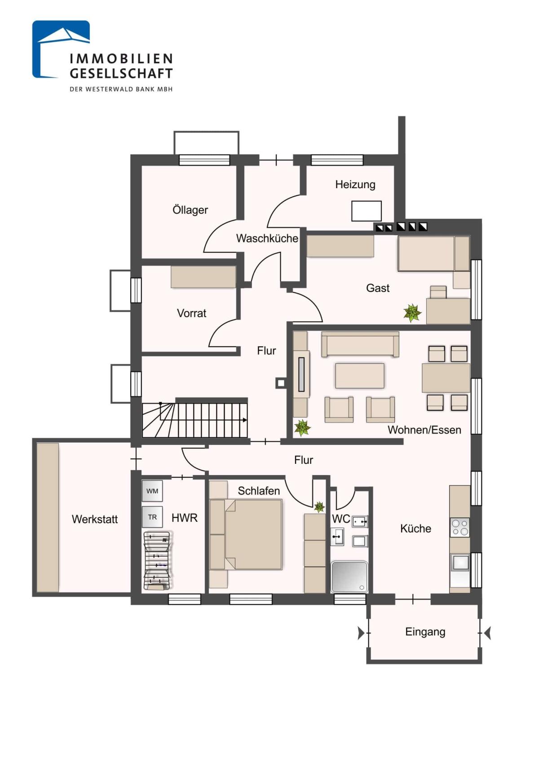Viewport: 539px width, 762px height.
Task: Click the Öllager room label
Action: pyautogui.click(x=190, y=210)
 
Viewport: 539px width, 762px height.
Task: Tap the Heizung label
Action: pyautogui.click(x=355, y=185)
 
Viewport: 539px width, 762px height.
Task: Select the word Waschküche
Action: pyautogui.click(x=267, y=238)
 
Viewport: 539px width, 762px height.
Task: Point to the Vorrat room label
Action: pyautogui.click(x=192, y=313)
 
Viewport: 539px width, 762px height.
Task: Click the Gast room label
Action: pyautogui.click(x=378, y=288)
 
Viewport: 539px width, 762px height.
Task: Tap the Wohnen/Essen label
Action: pyautogui.click(x=424, y=430)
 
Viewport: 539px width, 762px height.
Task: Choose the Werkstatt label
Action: pyautogui.click(x=95, y=519)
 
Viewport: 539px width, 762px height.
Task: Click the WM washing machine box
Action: pyautogui.click(x=152, y=491)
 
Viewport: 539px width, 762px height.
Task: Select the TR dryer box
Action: pyautogui.click(x=152, y=517)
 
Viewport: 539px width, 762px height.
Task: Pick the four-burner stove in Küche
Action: pyautogui.click(x=459, y=528)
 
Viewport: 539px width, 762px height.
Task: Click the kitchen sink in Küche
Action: pyautogui.click(x=459, y=562)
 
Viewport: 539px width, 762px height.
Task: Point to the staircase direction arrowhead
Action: pyautogui.click(x=245, y=420)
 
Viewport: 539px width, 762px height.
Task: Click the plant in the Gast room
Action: pyautogui.click(x=412, y=313)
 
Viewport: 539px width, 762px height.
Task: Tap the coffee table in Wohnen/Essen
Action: pyautogui.click(x=360, y=375)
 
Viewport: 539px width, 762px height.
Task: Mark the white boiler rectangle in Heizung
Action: pyautogui.click(x=367, y=211)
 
